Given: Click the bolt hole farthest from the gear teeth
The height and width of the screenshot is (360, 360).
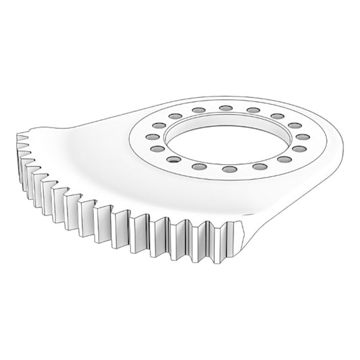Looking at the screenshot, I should (225, 107).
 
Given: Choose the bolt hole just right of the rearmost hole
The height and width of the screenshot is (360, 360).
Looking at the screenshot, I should (253, 109).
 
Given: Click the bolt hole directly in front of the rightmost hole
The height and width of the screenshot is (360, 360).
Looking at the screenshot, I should (299, 147).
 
